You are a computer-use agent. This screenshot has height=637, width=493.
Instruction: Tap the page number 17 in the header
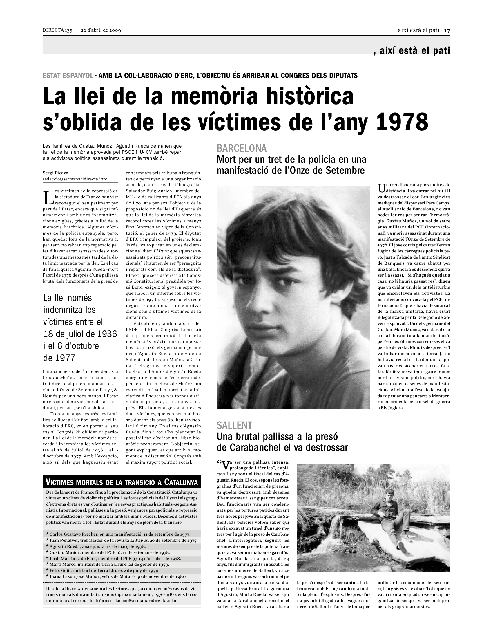point(447,30)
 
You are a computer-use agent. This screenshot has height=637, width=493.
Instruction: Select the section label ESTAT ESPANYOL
point(68,76)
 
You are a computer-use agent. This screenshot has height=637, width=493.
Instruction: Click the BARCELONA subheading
point(242,148)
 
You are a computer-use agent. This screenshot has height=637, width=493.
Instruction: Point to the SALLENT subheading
point(234,425)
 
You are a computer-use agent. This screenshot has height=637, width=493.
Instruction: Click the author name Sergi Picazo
point(55,173)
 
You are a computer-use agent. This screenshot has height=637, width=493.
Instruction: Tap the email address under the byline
point(75,179)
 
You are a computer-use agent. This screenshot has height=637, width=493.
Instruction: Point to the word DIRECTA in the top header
point(53,30)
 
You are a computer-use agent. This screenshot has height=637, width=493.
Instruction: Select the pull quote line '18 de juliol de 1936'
point(80,334)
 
